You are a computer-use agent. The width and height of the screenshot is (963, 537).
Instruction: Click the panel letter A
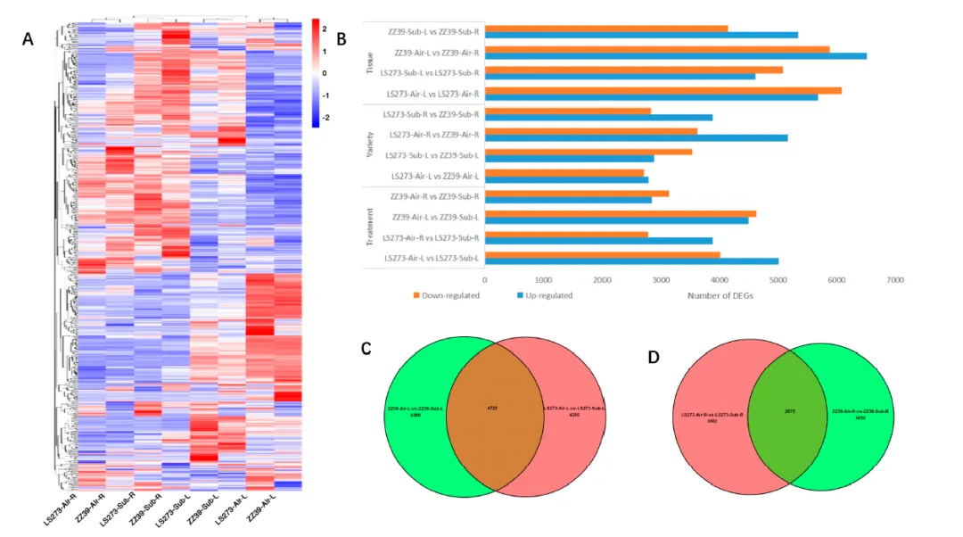[29, 38]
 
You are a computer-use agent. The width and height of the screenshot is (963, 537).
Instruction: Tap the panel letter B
[341, 39]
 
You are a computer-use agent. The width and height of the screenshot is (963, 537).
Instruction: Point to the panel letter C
[366, 348]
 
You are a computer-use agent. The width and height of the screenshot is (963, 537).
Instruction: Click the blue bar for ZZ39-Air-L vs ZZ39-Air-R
[675, 55]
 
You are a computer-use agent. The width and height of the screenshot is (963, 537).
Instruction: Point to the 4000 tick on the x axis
[720, 280]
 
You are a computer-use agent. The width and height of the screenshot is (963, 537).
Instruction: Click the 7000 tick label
[895, 280]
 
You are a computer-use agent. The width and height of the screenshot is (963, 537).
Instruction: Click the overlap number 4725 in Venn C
[494, 407]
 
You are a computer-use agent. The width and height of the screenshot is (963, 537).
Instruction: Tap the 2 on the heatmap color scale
[325, 29]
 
